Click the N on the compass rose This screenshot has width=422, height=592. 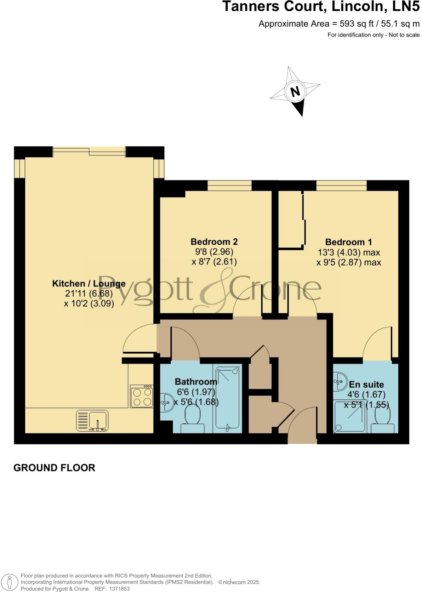(x=295, y=92)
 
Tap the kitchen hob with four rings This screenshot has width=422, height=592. (x=142, y=397)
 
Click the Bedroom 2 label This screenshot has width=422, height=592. (x=214, y=242)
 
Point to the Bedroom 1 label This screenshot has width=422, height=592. (x=348, y=242)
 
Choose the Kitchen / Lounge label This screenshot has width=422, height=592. (x=89, y=284)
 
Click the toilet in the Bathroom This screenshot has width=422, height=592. (x=193, y=419)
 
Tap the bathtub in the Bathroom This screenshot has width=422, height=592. (x=228, y=398)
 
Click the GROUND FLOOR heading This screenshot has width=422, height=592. (x=54, y=468)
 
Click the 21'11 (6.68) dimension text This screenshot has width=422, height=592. (x=89, y=294)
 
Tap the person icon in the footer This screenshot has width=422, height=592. (x=10, y=582)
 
